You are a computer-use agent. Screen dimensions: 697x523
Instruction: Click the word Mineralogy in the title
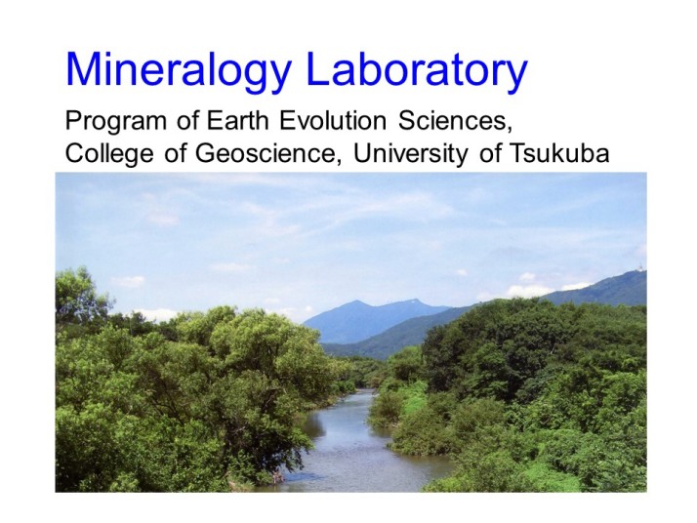178,71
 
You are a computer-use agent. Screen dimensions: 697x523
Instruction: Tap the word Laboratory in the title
417,71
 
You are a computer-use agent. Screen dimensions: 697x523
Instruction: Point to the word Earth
237,120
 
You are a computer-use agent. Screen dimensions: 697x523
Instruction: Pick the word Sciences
453,121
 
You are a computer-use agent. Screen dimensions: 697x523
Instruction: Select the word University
410,154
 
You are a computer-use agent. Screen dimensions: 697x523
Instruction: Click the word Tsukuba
558,153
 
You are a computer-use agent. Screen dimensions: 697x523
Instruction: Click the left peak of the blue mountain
355,302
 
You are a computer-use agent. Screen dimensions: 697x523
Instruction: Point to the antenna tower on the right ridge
640,266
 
